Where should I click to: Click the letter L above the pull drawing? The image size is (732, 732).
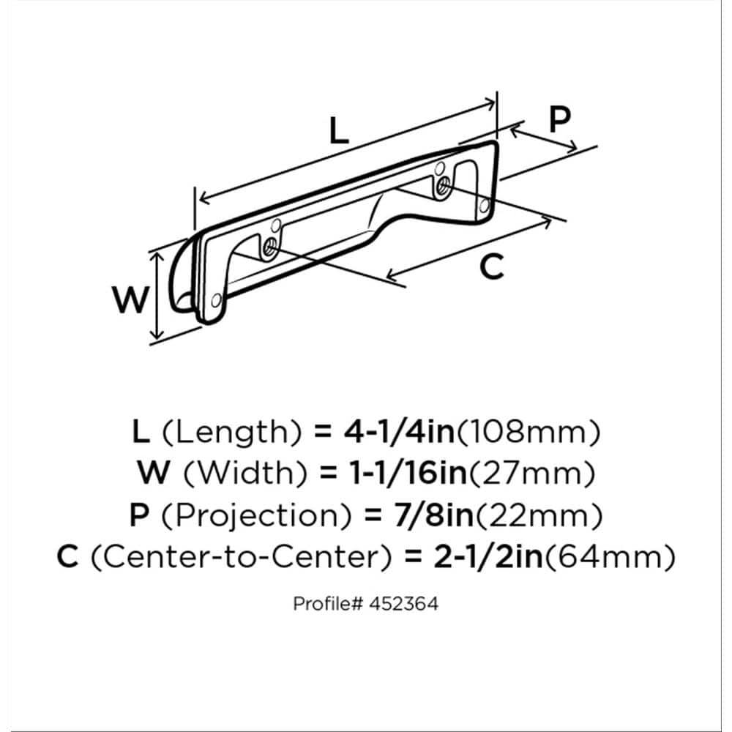pyautogui.click(x=339, y=130)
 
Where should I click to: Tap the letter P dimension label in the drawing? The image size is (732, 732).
pyautogui.click(x=559, y=119)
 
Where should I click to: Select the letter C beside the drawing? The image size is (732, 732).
pyautogui.click(x=492, y=267)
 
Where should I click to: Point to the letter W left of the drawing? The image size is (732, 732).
pyautogui.click(x=131, y=299)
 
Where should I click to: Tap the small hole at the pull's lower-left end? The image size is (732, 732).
pyautogui.click(x=216, y=301)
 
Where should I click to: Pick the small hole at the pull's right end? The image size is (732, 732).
pyautogui.click(x=485, y=206)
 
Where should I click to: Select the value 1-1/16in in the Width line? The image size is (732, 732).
pyautogui.click(x=408, y=473)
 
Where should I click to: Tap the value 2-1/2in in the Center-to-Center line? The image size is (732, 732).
pyautogui.click(x=489, y=556)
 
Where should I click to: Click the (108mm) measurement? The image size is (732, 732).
pyautogui.click(x=528, y=432)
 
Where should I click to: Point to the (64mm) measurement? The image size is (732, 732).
pyautogui.click(x=610, y=557)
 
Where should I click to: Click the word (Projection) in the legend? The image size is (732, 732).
pyautogui.click(x=256, y=516)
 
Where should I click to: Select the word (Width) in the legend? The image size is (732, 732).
pyautogui.click(x=245, y=474)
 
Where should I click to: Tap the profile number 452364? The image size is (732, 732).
pyautogui.click(x=404, y=604)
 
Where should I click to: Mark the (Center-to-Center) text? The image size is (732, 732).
pyautogui.click(x=240, y=557)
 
